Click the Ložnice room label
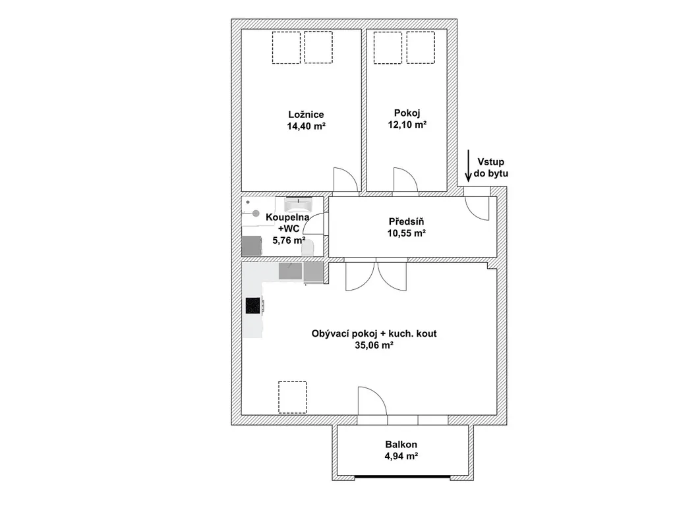click(306, 115)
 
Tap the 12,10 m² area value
click(407, 125)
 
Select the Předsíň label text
click(406, 221)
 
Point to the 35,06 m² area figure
click(374, 345)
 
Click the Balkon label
click(401, 445)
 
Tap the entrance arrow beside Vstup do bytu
click(468, 165)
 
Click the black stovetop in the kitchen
click(252, 306)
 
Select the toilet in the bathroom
click(308, 248)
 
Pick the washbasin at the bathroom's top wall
click(299, 204)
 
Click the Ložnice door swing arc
click(345, 179)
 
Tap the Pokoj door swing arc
click(405, 179)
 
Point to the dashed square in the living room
click(293, 397)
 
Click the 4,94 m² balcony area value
click(401, 456)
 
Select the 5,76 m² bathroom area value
click(289, 240)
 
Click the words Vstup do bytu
click(490, 168)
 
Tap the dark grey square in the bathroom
click(252, 246)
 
